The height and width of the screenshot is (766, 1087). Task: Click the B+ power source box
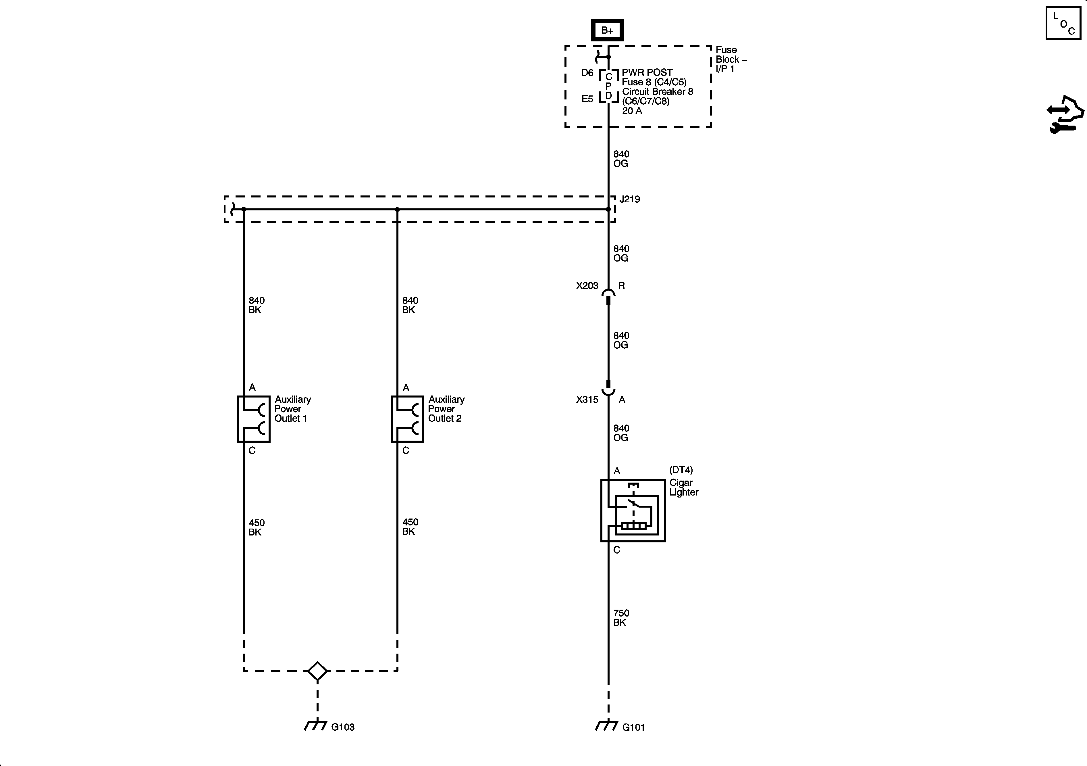[x=607, y=30]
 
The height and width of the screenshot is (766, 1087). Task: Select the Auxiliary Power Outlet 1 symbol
[x=253, y=419]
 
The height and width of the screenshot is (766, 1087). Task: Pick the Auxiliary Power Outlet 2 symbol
[x=407, y=419]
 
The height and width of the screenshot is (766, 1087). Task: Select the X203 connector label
[x=587, y=286]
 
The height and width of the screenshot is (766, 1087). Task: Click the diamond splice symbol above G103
[x=317, y=671]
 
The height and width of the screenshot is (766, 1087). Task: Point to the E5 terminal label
[x=587, y=99]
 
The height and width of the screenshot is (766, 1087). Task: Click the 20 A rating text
[x=632, y=111]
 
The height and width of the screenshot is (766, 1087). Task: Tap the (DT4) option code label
[x=681, y=470]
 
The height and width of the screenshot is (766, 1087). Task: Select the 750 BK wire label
[x=621, y=618]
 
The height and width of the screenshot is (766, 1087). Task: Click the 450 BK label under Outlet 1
[x=256, y=527]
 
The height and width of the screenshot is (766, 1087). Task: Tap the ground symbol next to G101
[x=606, y=725]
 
